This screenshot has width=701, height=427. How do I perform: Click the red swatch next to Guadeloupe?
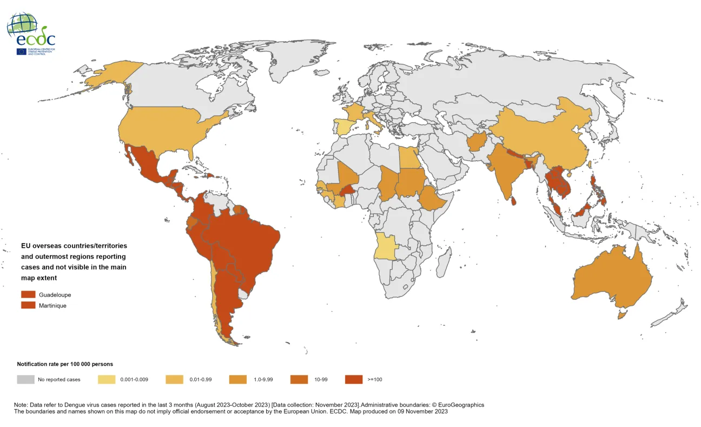coord(28,295)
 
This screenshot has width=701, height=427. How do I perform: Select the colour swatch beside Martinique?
coord(28,305)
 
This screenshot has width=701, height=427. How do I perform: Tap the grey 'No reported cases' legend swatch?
coord(25,379)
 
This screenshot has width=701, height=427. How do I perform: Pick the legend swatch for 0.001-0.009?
coord(107,379)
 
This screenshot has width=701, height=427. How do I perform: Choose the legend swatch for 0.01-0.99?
coord(174,379)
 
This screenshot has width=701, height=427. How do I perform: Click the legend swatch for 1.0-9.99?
coord(238,379)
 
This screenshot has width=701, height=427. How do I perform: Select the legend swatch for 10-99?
coord(299,379)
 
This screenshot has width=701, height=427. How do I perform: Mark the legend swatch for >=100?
coord(353,379)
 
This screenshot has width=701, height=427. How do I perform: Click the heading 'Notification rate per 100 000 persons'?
coord(65,364)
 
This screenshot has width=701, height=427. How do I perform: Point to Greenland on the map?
coord(300,60)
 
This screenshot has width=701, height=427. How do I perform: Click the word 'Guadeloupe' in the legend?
coord(55,295)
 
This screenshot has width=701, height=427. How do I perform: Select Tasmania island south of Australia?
coord(622,314)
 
